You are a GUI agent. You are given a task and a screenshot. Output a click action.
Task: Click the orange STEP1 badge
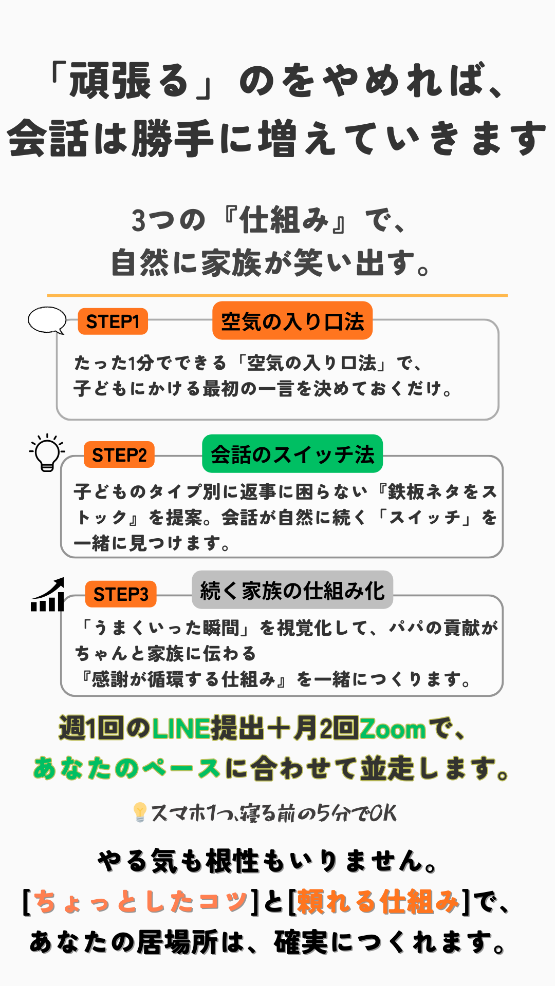point(113,321)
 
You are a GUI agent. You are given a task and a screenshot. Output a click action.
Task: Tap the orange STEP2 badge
point(119,454)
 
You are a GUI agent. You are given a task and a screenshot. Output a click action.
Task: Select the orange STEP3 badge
point(121,594)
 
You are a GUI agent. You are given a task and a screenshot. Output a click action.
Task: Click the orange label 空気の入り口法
point(292,321)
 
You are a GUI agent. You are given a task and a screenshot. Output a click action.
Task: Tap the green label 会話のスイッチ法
point(292,454)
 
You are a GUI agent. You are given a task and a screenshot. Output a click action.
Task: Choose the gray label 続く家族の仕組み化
point(292,590)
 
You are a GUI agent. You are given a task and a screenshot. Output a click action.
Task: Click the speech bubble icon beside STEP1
point(47,320)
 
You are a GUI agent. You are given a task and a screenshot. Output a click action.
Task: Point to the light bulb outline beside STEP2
point(47,452)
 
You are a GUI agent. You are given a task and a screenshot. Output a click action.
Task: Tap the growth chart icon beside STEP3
point(48,595)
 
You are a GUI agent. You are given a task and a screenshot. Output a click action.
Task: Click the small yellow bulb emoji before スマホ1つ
point(139,812)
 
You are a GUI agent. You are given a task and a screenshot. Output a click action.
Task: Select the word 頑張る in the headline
point(128,81)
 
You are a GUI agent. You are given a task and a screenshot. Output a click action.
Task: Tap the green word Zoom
point(393,729)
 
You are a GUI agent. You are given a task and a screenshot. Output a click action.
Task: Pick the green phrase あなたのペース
point(126,769)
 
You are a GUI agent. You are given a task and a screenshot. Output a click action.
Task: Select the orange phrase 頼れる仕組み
point(378,902)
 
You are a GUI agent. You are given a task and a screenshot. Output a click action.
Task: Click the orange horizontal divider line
point(277,295)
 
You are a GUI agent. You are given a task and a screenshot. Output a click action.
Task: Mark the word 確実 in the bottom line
point(300,942)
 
